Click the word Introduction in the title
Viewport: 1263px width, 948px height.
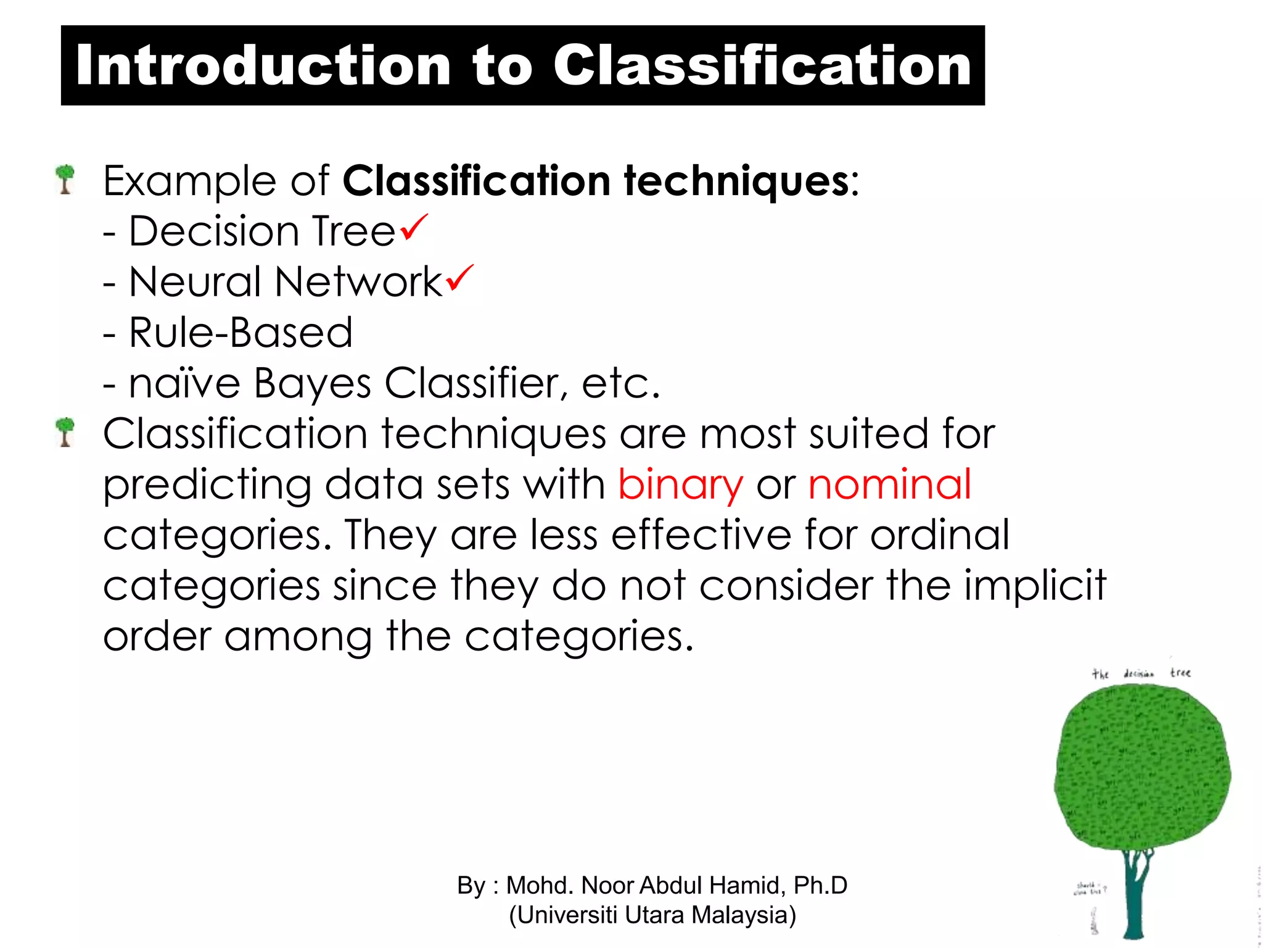[x=263, y=66]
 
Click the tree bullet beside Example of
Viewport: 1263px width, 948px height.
[x=65, y=179]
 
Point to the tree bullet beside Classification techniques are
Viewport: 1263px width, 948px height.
[x=65, y=431]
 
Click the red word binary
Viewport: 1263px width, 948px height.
[x=680, y=485]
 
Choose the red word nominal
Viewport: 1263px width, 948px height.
[x=889, y=484]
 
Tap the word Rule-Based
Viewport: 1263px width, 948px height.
[x=241, y=333]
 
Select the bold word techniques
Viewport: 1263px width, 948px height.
[x=737, y=181]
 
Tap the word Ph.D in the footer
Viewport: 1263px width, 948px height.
[x=820, y=886]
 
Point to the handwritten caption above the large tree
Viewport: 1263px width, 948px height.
[x=1141, y=673]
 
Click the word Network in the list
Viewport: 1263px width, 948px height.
[x=358, y=282]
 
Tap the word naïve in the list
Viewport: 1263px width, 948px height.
[x=184, y=384]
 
